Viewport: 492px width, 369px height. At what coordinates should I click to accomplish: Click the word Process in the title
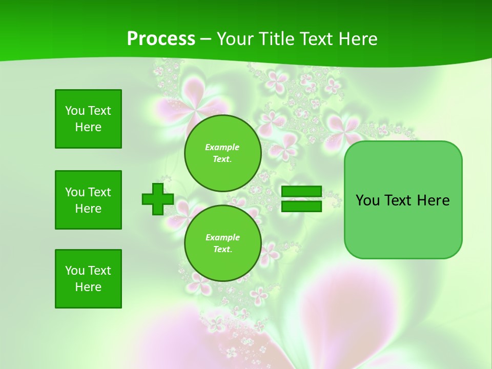point(161,39)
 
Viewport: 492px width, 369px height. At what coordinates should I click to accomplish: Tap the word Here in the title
point(357,39)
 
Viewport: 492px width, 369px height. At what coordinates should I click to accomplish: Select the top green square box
point(88,119)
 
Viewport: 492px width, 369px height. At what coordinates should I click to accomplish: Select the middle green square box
point(88,200)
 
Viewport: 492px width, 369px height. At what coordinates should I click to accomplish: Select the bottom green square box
point(88,279)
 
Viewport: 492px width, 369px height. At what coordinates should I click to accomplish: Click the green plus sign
point(158,199)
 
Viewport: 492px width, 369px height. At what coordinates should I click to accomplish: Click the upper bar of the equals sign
point(301,192)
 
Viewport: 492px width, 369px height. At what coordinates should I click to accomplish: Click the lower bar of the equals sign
point(301,207)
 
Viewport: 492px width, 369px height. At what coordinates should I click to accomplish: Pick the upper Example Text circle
point(222,153)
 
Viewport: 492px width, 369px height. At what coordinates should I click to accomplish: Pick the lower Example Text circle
point(222,243)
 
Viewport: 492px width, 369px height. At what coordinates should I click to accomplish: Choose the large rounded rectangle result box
point(403,200)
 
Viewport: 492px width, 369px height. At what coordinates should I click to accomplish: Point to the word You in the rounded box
point(367,200)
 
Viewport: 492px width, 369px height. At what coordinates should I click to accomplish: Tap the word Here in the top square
point(88,127)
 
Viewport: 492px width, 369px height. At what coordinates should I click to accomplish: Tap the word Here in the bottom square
point(88,287)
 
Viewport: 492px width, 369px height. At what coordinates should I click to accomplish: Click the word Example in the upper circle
point(222,147)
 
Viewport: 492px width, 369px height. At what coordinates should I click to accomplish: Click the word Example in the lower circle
point(222,237)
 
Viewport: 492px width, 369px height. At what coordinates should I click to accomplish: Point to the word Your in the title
point(234,39)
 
